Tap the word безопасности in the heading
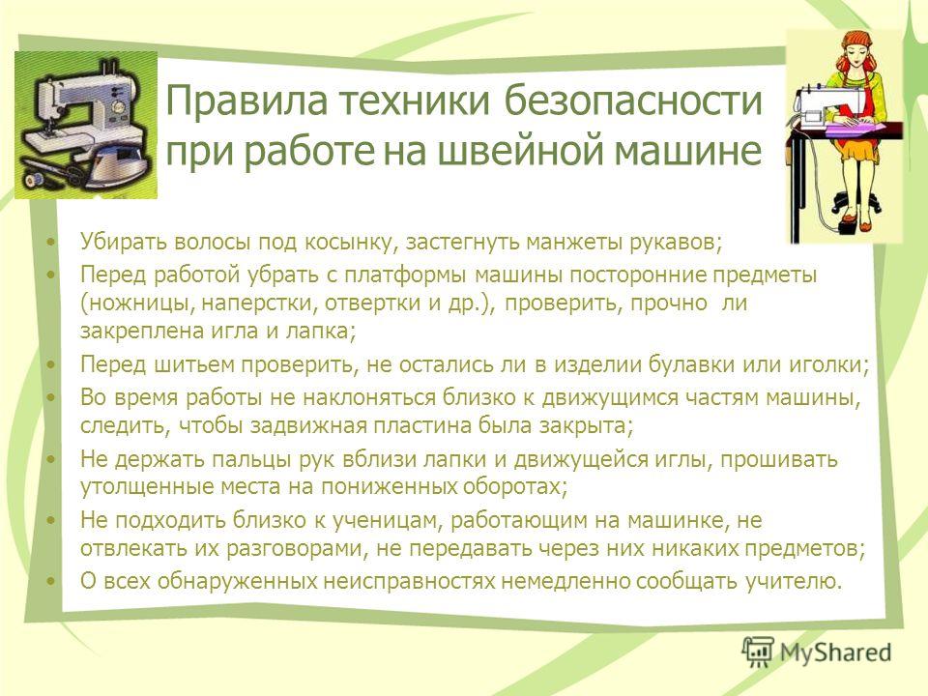(x=632, y=100)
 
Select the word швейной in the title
(x=521, y=150)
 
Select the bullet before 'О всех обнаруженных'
(x=52, y=582)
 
